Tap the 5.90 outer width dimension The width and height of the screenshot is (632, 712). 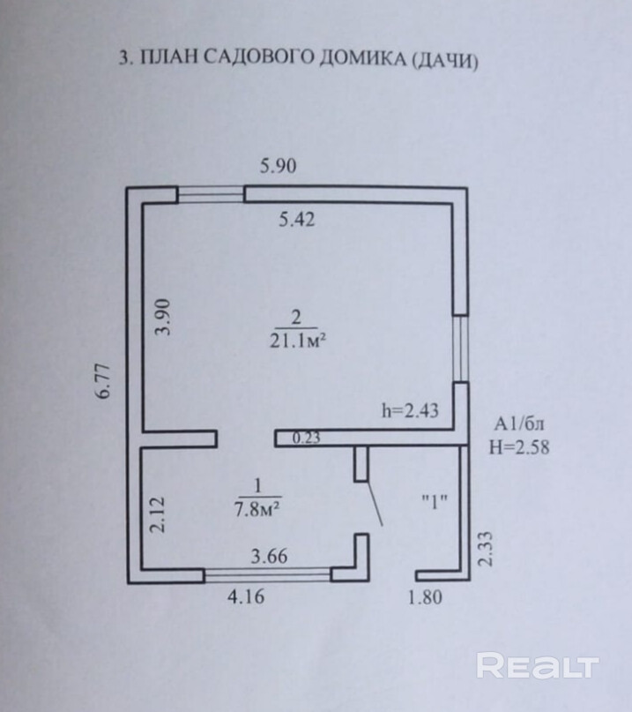(x=279, y=165)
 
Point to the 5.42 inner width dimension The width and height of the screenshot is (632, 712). (x=297, y=221)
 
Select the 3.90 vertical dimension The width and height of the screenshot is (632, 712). (x=162, y=317)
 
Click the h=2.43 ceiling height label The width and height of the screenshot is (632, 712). (x=410, y=410)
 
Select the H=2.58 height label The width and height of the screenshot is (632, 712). (x=519, y=446)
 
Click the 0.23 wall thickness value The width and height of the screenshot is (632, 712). (x=306, y=437)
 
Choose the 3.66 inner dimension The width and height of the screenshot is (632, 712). (x=270, y=557)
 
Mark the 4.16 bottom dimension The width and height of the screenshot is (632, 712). (x=247, y=597)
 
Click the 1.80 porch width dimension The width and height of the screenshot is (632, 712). (x=424, y=597)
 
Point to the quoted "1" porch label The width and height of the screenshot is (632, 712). (x=435, y=502)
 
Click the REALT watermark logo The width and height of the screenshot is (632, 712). (x=538, y=666)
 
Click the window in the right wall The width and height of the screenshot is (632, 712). (x=459, y=349)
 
